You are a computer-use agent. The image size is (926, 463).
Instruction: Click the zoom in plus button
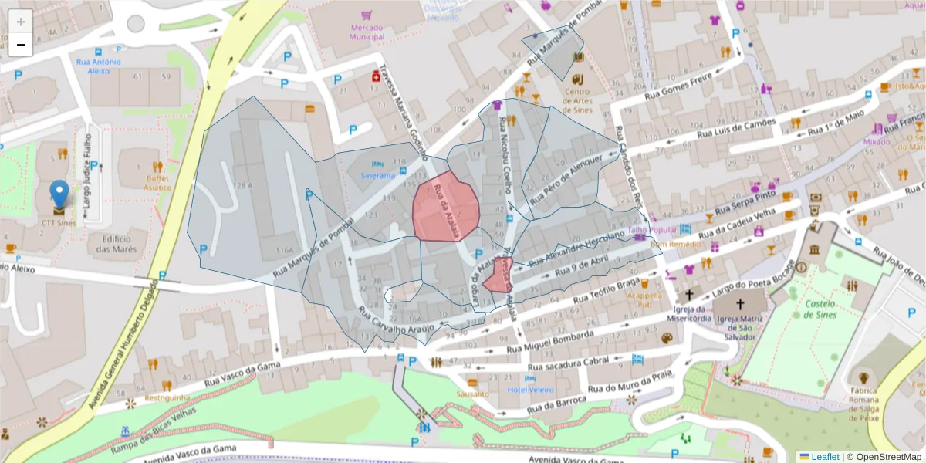pyautogui.click(x=21, y=22)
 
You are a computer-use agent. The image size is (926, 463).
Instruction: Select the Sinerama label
pyautogui.click(x=377, y=175)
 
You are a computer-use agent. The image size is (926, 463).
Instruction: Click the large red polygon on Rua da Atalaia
pyautogui.click(x=445, y=208)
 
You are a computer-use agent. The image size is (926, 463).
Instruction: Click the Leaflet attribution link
pyautogui.click(x=825, y=457)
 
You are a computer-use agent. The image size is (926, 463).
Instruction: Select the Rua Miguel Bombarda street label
pyautogui.click(x=550, y=342)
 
